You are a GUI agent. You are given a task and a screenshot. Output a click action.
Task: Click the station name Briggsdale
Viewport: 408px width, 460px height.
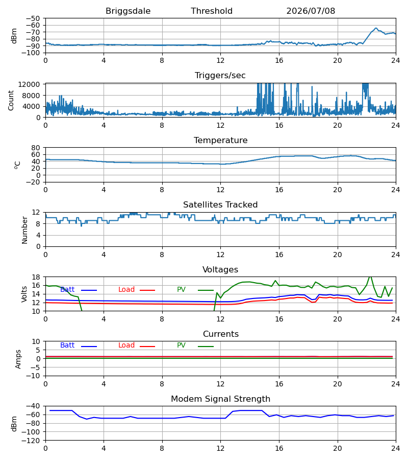128,11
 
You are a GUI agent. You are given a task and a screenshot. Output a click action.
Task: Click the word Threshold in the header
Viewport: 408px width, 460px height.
212,11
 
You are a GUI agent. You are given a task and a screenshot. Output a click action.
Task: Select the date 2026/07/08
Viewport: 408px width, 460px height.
311,11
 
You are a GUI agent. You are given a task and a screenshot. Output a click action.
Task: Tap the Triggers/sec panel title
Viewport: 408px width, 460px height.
220,76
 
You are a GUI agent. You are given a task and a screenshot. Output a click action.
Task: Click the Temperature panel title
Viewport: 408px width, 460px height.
220,140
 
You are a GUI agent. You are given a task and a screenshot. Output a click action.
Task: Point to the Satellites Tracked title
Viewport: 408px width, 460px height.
220,205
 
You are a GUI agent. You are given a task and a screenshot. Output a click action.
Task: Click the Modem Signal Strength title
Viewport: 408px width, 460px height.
220,399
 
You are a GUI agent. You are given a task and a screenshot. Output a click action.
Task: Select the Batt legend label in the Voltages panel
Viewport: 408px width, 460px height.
67,290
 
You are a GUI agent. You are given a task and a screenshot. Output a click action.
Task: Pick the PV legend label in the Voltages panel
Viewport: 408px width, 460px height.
181,290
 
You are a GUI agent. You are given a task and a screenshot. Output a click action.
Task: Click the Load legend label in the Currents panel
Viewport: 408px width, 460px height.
126,346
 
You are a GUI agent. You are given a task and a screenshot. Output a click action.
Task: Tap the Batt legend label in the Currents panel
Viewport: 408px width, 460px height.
67,346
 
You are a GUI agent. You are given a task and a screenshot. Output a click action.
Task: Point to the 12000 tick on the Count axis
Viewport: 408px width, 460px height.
29,84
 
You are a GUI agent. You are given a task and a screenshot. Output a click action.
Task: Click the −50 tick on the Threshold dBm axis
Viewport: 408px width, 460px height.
33,18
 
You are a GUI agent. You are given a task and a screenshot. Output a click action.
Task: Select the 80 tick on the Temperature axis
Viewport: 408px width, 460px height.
36,148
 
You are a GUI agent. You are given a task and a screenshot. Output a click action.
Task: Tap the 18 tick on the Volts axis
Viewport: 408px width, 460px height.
36,277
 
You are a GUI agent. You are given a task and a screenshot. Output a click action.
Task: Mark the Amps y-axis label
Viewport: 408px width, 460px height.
18,359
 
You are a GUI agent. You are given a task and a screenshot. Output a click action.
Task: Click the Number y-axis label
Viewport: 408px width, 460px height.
24,230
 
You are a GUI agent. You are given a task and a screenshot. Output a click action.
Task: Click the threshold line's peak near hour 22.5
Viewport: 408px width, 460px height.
376,28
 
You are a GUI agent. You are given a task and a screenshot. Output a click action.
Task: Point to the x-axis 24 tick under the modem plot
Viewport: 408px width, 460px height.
396,448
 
